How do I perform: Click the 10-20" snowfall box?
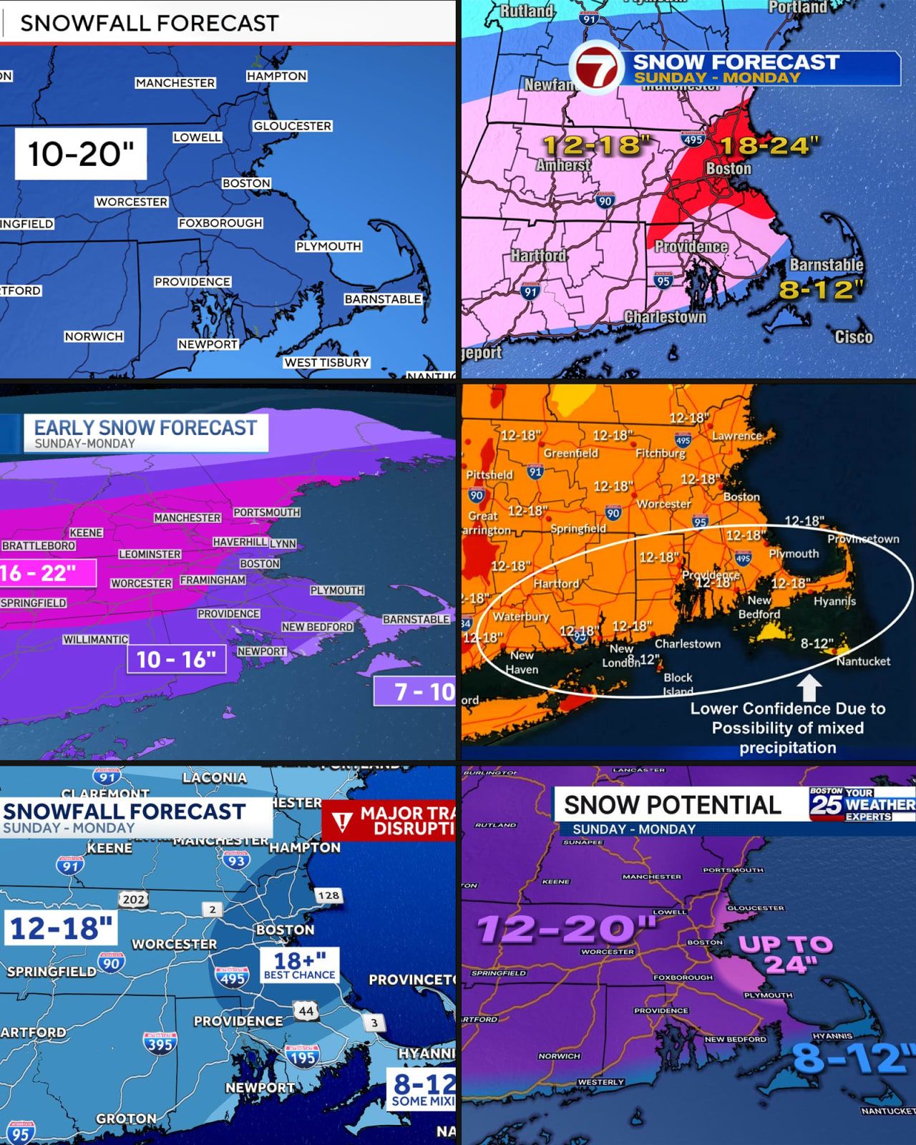point(80,154)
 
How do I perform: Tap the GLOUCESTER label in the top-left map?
point(292,126)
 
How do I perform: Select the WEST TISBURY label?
point(326,363)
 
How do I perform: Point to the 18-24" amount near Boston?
point(769,146)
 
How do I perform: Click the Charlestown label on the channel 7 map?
point(665,317)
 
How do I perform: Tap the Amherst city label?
point(563,165)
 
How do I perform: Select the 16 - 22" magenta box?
point(47,573)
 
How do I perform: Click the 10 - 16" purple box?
point(176,659)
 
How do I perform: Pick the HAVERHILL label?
point(240,542)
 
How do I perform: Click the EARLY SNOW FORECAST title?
point(145,428)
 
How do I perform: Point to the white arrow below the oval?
point(809,688)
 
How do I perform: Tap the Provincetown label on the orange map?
point(863,539)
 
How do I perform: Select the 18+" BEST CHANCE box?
point(299,965)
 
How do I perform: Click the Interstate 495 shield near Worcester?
point(233,977)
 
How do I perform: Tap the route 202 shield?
point(133,900)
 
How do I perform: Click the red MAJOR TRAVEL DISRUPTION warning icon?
point(342,822)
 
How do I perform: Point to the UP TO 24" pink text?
point(785,955)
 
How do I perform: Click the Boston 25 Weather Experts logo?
point(862,804)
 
